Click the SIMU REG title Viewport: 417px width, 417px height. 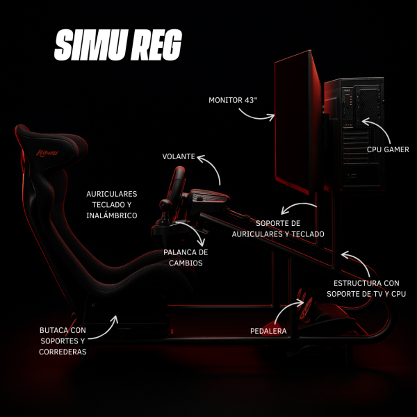117,46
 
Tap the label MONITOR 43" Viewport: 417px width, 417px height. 233,100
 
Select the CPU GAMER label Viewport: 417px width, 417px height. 388,149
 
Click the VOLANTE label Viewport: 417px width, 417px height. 179,157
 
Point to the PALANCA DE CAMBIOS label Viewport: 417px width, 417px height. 186,257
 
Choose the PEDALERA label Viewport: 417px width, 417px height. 268,331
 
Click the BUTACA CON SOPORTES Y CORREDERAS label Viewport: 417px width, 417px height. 63,341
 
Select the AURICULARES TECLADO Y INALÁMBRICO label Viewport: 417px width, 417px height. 112,204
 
